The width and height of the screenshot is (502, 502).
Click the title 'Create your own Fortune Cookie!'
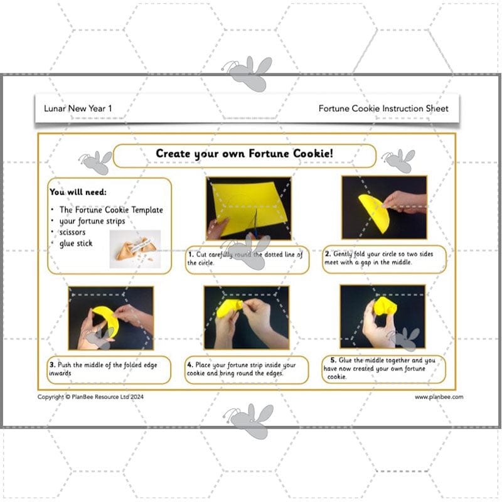pos(245,154)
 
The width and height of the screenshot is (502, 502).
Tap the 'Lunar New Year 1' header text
pos(78,109)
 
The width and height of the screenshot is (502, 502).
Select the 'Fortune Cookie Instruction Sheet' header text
pos(383,109)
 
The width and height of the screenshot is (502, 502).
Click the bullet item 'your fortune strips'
pos(92,221)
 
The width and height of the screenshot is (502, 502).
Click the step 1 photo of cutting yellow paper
pos(248,208)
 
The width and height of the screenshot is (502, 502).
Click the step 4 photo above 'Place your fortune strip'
pos(247,318)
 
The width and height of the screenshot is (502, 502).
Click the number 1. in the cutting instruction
pos(191,255)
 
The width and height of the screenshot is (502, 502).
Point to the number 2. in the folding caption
pos(328,254)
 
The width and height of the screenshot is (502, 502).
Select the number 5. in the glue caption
pos(333,360)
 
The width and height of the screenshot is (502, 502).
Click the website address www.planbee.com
pos(439,397)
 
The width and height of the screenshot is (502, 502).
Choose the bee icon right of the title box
pos(398,161)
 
